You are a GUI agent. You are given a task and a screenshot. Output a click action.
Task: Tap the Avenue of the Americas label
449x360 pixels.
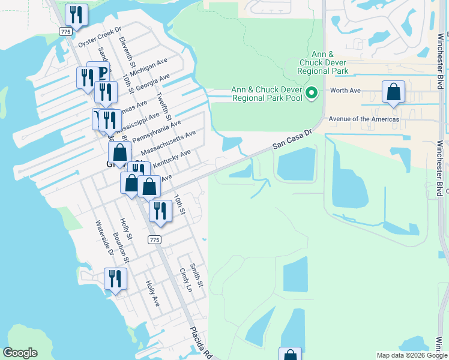[x=363, y=119]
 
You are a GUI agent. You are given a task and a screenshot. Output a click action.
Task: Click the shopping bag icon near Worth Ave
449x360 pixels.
[x=394, y=92]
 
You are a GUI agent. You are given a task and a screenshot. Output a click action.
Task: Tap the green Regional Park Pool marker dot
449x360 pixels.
[x=311, y=93]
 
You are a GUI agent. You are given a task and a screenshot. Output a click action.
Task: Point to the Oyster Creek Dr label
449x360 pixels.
[x=100, y=37]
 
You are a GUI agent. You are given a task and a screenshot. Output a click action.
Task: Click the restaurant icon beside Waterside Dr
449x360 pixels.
[x=115, y=279]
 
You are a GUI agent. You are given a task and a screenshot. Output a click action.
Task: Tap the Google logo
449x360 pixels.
[x=20, y=353]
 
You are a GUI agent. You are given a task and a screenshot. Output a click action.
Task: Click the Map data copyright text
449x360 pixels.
[x=412, y=355]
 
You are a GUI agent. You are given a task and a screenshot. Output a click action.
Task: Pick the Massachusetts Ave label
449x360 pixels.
[x=169, y=142]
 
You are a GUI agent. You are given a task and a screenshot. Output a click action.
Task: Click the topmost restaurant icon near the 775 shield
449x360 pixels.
[x=76, y=14]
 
